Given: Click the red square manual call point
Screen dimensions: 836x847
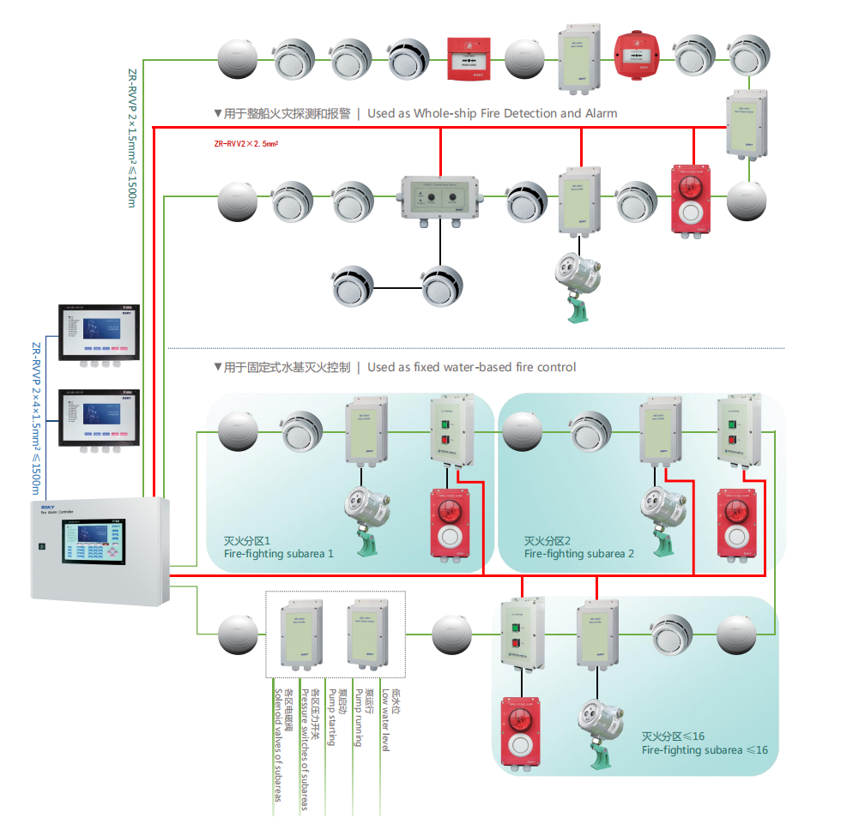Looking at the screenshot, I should (x=468, y=58).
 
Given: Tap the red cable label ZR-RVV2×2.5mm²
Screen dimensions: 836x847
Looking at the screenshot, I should (x=250, y=144).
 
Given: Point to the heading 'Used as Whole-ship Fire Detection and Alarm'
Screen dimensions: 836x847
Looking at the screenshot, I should (x=492, y=113).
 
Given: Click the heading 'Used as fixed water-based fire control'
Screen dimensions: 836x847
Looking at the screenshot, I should (x=471, y=367).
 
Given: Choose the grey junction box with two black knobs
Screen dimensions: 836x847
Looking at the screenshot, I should (x=440, y=199).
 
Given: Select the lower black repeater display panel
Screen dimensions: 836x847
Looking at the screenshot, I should (x=98, y=418).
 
